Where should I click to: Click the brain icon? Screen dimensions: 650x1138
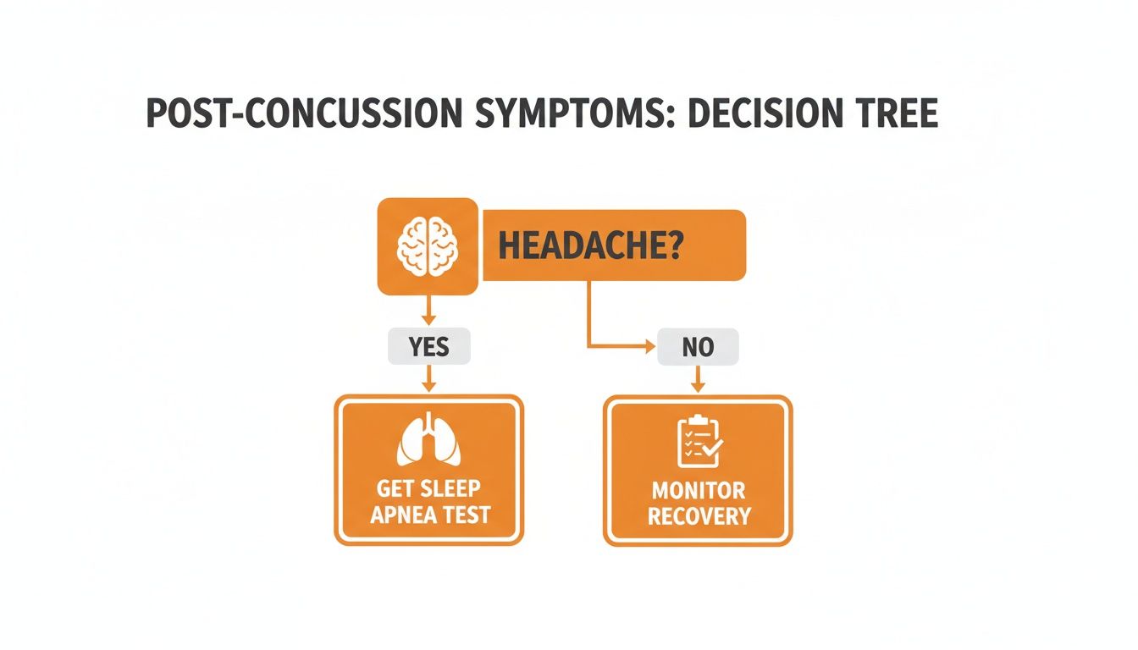point(428,246)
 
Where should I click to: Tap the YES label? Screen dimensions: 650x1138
point(428,347)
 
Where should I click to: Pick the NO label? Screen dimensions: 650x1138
point(698,347)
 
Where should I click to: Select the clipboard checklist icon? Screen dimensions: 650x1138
point(699,441)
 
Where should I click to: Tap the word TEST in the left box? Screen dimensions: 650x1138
point(464,515)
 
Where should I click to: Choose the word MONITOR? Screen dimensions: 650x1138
point(699,490)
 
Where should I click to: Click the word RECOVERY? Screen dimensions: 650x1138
point(699,515)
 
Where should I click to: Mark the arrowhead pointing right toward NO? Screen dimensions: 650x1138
point(650,346)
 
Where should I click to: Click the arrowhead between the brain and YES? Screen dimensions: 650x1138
point(428,320)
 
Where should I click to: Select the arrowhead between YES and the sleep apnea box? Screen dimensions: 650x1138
point(428,386)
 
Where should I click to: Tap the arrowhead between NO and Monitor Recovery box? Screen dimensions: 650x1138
point(699,386)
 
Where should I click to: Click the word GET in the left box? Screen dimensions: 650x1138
point(395,489)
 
